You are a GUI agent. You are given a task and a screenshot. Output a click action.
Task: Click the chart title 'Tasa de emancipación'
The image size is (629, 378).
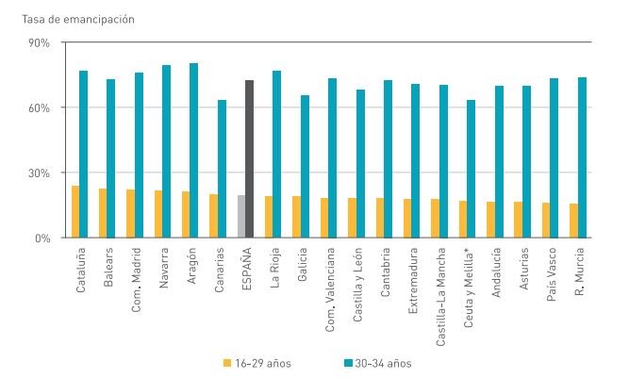coord(63,19)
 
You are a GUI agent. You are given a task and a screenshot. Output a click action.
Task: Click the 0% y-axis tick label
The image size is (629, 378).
coord(42,238)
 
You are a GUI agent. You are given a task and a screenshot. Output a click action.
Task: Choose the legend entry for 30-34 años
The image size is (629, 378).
coord(373,362)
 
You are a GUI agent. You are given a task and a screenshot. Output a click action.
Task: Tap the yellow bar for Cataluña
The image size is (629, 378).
coord(74,211)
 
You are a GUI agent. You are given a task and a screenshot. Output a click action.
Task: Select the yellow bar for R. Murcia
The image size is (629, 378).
coord(573,221)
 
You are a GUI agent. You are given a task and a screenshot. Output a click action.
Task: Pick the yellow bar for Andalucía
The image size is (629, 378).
coord(490,220)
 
